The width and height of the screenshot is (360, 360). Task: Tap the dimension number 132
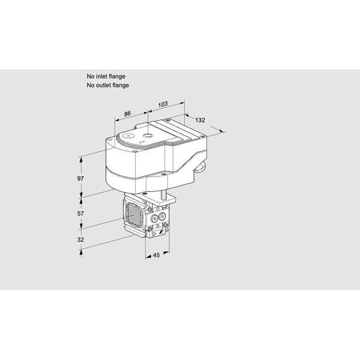[200, 120]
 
